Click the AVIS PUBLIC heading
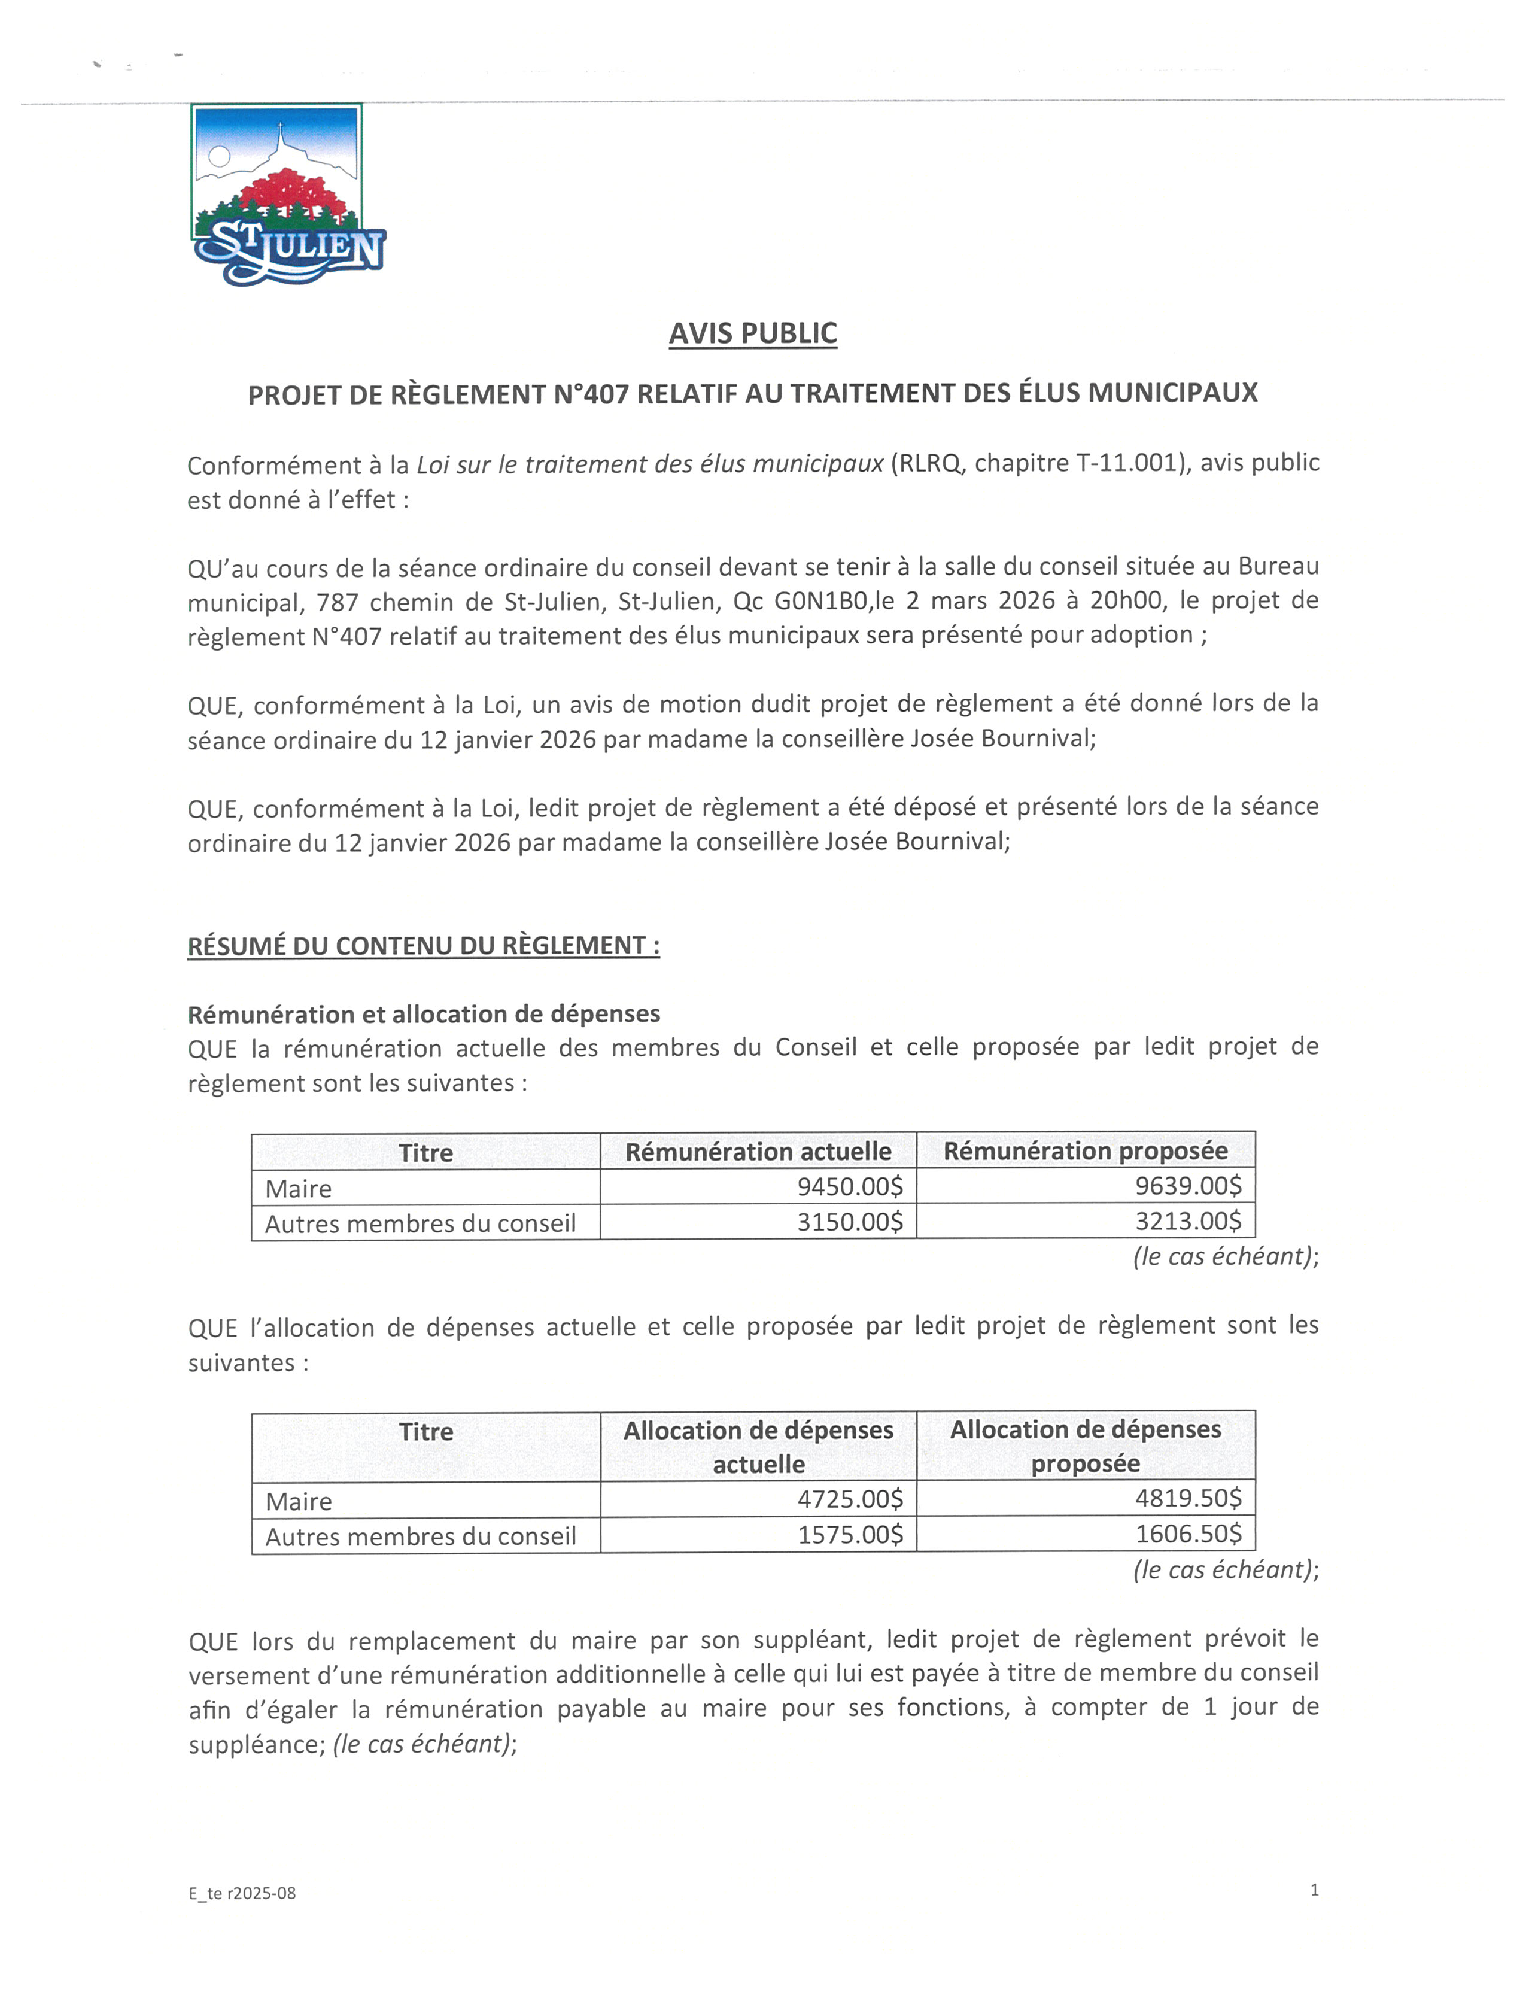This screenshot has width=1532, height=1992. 752,333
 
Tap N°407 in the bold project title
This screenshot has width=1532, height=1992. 591,394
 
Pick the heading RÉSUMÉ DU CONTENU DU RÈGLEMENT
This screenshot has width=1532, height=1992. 423,946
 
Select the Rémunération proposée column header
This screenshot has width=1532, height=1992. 1085,1151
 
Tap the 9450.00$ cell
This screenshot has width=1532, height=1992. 849,1186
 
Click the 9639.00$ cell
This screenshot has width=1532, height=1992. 1187,1186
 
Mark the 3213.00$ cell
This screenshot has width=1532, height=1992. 1187,1221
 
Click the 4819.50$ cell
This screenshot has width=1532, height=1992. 1187,1499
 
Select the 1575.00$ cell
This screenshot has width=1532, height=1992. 850,1535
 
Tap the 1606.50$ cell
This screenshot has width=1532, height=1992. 1187,1534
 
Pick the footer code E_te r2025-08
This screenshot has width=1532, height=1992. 242,1893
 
